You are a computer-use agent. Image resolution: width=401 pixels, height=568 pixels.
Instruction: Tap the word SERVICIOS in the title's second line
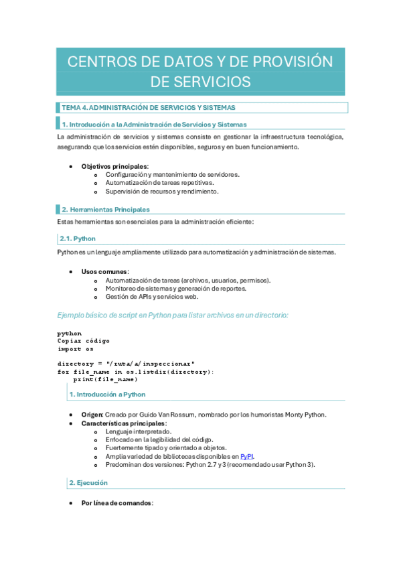coord(201,81)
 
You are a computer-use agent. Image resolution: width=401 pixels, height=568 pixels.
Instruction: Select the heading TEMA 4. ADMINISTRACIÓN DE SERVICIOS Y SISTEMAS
coord(148,107)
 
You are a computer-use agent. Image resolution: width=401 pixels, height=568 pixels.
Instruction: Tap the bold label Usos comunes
coord(105,271)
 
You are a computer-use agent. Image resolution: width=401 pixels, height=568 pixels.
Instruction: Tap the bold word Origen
coord(92,415)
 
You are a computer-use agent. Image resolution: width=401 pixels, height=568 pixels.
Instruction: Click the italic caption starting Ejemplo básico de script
coord(173,315)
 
